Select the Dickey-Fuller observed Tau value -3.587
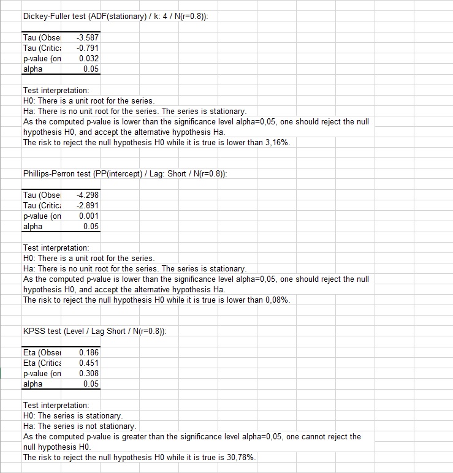(88, 38)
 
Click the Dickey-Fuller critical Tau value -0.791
(88, 48)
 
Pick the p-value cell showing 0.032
(89, 59)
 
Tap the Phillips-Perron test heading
(124, 174)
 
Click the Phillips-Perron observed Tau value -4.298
(88, 195)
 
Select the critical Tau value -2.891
(88, 206)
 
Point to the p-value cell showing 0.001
(89, 216)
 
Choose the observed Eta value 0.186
(89, 353)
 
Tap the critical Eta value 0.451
(89, 363)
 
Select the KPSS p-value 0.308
(89, 374)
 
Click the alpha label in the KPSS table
(33, 384)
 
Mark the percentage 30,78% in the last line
(242, 458)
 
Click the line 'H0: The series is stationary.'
(73, 416)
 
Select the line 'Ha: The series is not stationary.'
(80, 426)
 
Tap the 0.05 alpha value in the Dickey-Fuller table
(91, 69)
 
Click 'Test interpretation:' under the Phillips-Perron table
(56, 248)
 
